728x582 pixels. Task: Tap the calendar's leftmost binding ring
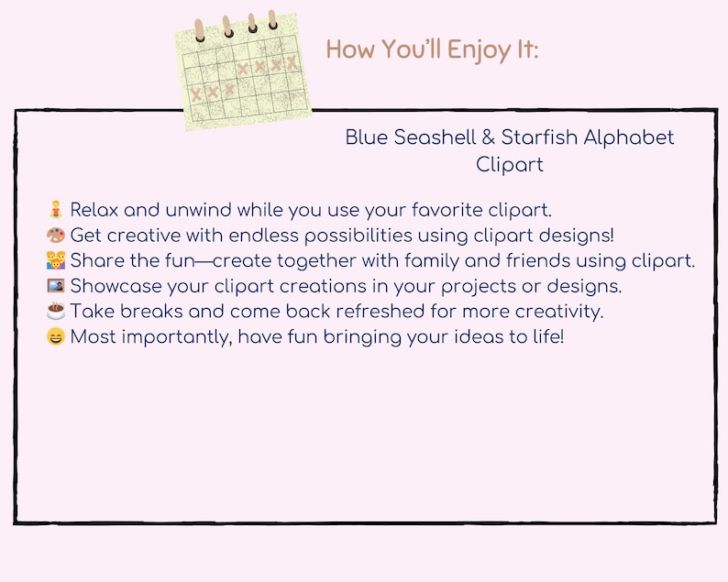pyautogui.click(x=200, y=27)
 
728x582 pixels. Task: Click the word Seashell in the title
pyautogui.click(x=433, y=137)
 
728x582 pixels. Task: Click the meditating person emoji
pyautogui.click(x=55, y=209)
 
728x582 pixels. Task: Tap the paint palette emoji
pyautogui.click(x=55, y=235)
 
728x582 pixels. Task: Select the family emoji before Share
pyautogui.click(x=55, y=260)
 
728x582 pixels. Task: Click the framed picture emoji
pyautogui.click(x=55, y=286)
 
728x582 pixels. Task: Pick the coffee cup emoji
pyautogui.click(x=55, y=312)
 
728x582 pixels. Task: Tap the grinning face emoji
pyautogui.click(x=55, y=337)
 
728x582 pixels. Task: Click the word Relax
pyautogui.click(x=94, y=210)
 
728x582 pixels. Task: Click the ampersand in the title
pyautogui.click(x=489, y=137)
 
